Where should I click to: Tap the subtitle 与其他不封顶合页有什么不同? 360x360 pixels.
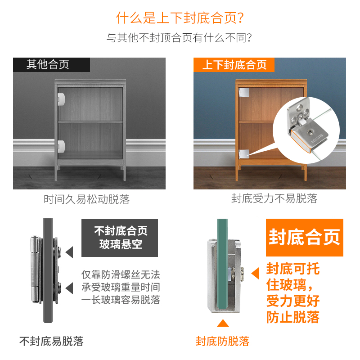[x=179, y=38]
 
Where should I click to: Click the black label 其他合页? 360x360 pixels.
[x=48, y=64]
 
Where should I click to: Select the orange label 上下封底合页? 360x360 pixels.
[x=234, y=65]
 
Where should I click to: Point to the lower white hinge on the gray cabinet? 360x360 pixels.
[x=62, y=145]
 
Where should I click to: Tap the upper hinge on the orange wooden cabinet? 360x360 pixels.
[x=243, y=92]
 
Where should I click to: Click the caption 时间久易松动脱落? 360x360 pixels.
[x=86, y=199]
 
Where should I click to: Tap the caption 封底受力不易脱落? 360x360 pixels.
[x=274, y=198]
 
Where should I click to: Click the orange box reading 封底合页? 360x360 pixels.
[x=305, y=237]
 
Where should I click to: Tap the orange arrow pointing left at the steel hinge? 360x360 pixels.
[x=255, y=273]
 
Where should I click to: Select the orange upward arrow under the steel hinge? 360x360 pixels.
[x=222, y=324]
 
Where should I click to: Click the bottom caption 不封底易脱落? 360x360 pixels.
[x=51, y=341]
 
